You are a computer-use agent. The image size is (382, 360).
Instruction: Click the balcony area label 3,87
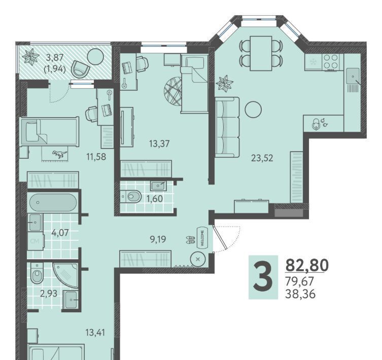(55, 58)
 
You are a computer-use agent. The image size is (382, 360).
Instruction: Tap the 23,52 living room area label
(262, 158)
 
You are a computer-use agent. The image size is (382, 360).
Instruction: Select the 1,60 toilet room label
(154, 199)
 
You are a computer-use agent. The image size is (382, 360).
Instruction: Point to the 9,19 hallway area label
(158, 239)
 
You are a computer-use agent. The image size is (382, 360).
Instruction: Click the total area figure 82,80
(307, 265)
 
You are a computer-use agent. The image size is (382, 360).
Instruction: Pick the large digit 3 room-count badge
(263, 277)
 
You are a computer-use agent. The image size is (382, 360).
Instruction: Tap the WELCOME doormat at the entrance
(202, 237)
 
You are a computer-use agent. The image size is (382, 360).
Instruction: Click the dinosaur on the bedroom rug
(59, 154)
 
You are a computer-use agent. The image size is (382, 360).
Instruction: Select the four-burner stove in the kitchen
(331, 62)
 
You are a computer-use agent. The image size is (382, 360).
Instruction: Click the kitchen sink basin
(353, 76)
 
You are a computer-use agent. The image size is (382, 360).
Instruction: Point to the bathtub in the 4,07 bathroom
(53, 202)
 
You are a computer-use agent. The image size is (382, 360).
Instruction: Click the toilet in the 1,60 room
(133, 196)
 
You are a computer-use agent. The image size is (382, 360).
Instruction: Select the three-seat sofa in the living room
(227, 127)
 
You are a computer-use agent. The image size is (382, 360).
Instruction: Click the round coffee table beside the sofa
(253, 110)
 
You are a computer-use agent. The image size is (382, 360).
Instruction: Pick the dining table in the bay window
(261, 53)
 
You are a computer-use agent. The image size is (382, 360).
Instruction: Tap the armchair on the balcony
(80, 69)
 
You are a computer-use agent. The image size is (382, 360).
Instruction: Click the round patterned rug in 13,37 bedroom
(173, 91)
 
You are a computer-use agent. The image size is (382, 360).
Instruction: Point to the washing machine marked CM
(36, 241)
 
